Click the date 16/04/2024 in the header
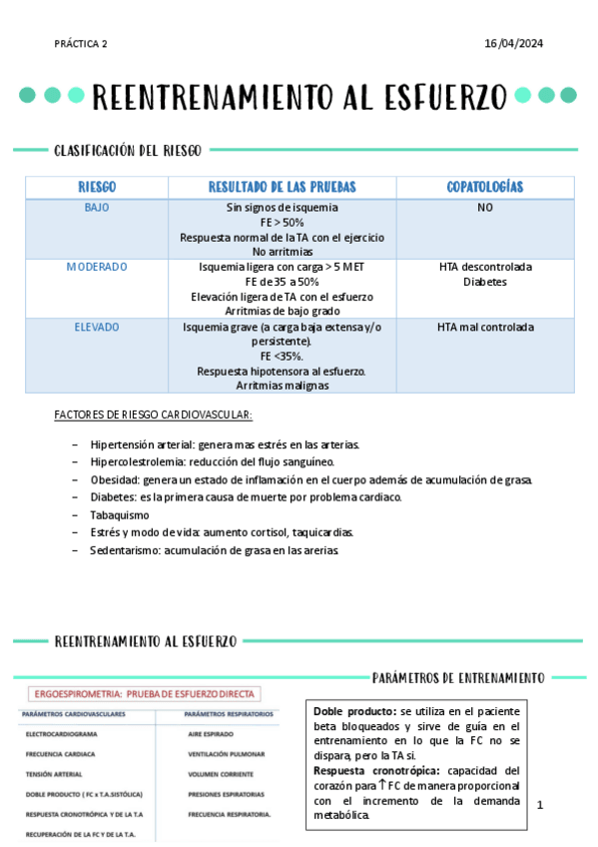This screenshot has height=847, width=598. point(513,44)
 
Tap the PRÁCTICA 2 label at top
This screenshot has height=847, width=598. point(82,44)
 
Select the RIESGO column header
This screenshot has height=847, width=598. point(97,188)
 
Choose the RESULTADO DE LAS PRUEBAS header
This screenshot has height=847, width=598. point(282,188)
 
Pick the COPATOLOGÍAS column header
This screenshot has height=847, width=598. point(485,188)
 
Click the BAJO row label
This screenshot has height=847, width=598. point(97,208)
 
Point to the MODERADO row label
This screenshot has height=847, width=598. point(97,268)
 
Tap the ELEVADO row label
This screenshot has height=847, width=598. point(97,327)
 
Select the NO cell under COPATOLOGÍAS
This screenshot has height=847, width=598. point(485,208)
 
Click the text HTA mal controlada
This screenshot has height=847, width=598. point(485,327)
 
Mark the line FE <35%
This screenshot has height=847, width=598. point(282,356)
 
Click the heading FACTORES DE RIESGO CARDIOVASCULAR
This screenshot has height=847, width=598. point(153,415)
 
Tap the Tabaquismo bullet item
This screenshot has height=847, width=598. point(119,514)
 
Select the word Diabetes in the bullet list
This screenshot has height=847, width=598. point(111,496)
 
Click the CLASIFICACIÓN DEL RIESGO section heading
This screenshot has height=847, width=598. point(128,151)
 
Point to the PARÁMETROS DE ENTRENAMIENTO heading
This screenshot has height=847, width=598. point(458,677)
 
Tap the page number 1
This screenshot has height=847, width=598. point(539,804)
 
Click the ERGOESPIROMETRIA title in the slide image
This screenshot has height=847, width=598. point(146,693)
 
